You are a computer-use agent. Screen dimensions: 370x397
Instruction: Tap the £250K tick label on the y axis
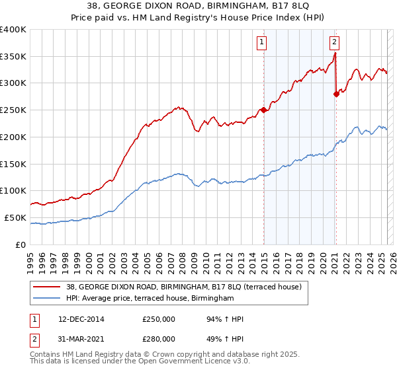(x=13, y=110)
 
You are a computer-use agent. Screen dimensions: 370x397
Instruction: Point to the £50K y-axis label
(x=15, y=217)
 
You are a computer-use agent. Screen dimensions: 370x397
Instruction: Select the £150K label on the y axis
(x=13, y=164)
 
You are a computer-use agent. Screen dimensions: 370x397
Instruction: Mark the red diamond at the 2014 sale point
(x=264, y=110)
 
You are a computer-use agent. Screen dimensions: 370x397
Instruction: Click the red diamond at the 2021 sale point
(x=336, y=94)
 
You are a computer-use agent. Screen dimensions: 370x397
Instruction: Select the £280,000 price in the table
(x=159, y=338)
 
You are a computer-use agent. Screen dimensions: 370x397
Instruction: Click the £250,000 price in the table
(x=159, y=319)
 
